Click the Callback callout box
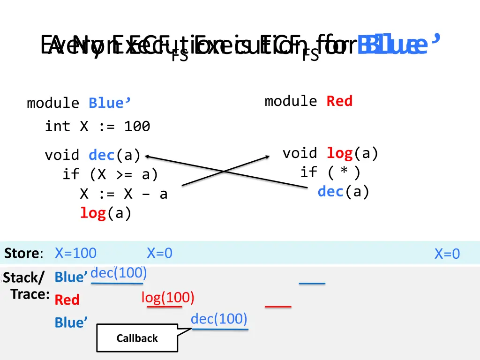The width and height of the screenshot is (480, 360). [x=137, y=338]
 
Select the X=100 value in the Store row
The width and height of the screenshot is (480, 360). [x=75, y=254]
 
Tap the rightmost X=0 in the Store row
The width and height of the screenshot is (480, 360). [x=447, y=254]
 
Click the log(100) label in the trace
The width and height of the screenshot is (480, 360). [x=168, y=297]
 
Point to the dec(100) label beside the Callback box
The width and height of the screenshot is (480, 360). [x=219, y=319]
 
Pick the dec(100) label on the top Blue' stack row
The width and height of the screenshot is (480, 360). [x=119, y=272]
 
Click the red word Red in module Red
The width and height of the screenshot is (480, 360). [x=339, y=101]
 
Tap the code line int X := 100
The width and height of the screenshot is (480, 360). [x=97, y=126]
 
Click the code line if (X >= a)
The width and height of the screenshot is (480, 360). [x=111, y=174]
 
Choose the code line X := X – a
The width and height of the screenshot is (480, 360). [x=124, y=194]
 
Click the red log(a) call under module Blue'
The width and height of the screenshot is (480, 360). [x=106, y=213]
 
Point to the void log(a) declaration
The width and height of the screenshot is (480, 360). [x=330, y=153]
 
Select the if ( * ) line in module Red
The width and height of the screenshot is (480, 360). [x=330, y=172]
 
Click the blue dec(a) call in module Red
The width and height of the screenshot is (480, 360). [x=344, y=192]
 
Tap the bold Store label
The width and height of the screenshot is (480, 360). [x=22, y=254]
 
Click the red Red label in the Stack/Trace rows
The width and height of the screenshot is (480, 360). [x=67, y=300]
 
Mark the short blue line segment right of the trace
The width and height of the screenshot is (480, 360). [x=312, y=283]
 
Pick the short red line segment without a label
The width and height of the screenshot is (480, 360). [x=278, y=306]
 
